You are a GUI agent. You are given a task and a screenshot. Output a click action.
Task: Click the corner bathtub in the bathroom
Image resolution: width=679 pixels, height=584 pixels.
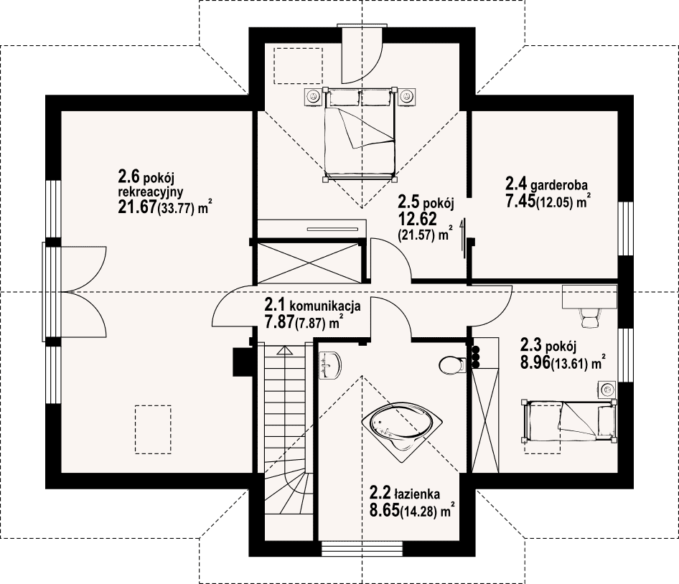point(401,428)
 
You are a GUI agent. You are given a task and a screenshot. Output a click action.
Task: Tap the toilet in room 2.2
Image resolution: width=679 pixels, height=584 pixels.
point(451,365)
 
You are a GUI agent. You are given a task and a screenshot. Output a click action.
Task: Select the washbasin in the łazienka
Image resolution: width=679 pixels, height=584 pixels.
point(329,366)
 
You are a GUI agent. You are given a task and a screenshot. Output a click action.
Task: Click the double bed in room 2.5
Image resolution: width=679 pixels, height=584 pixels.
point(360,134)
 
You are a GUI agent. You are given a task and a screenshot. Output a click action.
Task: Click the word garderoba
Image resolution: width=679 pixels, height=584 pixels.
point(558,185)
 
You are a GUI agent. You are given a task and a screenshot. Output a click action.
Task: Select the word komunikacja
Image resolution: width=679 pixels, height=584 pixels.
point(324,306)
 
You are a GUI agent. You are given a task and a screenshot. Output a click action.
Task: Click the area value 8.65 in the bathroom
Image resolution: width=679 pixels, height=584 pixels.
point(384,510)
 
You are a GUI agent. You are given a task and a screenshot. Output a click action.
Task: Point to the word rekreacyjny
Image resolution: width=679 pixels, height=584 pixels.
point(151,192)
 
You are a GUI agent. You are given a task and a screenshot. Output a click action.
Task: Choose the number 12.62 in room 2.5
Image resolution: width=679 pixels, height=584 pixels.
point(418,219)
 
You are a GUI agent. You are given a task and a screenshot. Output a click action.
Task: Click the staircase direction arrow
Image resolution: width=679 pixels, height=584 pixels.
point(285,350)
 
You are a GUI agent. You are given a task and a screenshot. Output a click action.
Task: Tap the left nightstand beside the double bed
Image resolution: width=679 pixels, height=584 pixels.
point(312,96)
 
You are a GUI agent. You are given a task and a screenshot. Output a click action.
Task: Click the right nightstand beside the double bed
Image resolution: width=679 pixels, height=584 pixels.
point(408,96)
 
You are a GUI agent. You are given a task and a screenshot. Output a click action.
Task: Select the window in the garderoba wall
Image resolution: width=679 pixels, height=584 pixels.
point(625,229)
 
